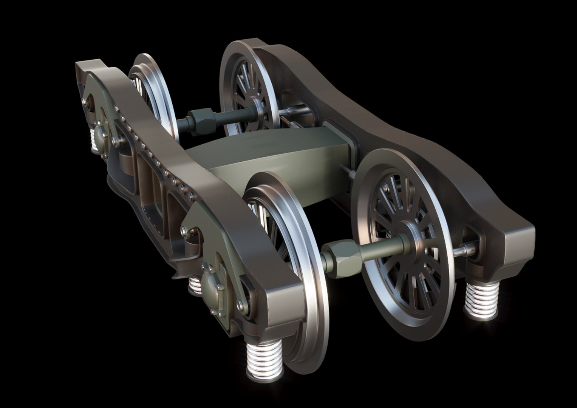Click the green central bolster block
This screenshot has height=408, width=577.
click(265, 159)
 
